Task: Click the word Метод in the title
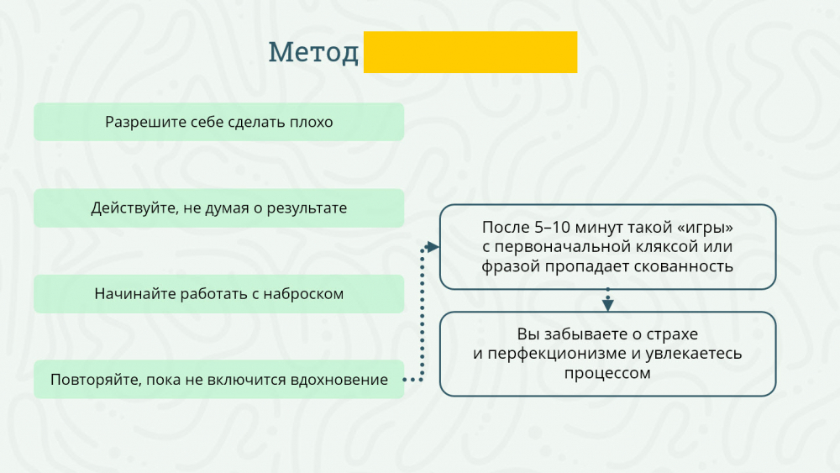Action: (x=313, y=52)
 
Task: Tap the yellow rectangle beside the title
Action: (x=470, y=52)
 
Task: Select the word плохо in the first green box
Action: (x=312, y=122)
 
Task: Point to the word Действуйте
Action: (x=134, y=208)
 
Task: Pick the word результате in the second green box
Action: (x=307, y=208)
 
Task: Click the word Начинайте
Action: (x=134, y=293)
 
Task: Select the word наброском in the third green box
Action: (x=303, y=293)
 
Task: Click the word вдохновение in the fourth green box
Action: (x=339, y=380)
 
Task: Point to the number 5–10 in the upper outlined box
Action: (x=553, y=227)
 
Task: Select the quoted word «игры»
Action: (x=705, y=228)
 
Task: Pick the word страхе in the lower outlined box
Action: (x=672, y=334)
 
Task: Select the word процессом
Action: (x=607, y=373)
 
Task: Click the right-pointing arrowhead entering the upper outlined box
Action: (x=433, y=247)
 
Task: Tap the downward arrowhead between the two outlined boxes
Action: (x=607, y=304)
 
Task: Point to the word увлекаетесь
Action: (x=694, y=354)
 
